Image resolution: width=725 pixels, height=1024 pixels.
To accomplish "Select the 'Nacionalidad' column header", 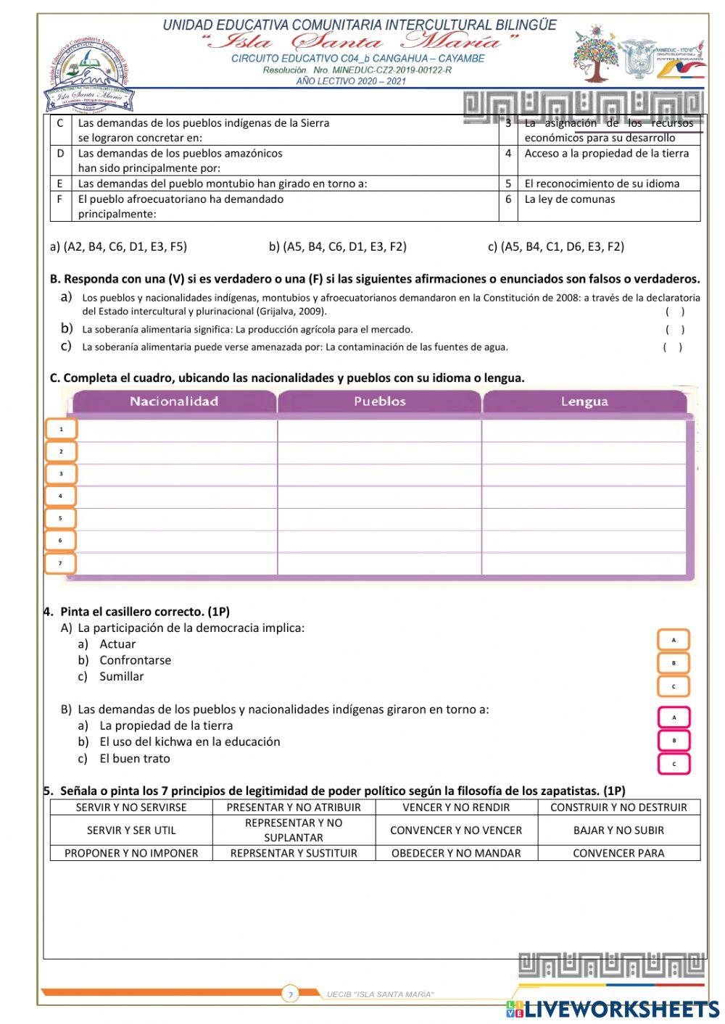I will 174,401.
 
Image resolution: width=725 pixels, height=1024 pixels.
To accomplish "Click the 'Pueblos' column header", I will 379,401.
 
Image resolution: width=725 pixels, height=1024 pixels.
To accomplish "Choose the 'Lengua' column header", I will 584,401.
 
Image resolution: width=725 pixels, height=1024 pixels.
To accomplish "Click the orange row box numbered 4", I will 61,496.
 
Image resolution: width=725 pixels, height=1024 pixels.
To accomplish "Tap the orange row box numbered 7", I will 61,563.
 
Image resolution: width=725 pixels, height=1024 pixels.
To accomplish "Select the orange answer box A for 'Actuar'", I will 674,640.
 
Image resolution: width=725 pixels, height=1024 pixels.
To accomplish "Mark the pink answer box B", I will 674,741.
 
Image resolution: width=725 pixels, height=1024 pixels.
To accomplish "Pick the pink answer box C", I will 674,764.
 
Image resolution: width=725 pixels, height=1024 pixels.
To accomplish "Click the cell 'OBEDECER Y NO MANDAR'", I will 456,853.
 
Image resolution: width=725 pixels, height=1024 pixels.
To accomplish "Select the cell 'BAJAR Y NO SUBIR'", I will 618,830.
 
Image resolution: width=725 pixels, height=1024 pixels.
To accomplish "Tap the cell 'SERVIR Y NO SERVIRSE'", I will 131,807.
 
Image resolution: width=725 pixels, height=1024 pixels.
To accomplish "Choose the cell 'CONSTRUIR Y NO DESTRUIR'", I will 618,807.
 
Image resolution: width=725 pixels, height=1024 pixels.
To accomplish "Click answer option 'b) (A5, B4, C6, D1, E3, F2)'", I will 337,246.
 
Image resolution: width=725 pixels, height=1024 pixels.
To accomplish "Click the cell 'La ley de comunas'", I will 570,199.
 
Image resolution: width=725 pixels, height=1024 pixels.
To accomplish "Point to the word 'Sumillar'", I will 121,676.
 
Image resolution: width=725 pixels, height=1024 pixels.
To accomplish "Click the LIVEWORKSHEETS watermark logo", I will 613,1009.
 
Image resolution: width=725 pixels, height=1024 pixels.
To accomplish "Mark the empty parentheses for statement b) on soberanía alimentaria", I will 674,330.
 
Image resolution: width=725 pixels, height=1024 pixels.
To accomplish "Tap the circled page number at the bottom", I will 290,994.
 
